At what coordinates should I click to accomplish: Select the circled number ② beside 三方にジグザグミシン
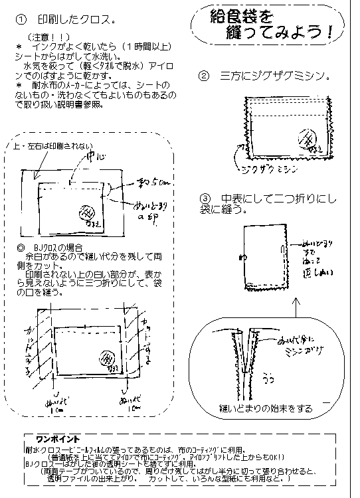point(204,76)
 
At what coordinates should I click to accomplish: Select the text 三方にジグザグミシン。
point(276,76)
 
